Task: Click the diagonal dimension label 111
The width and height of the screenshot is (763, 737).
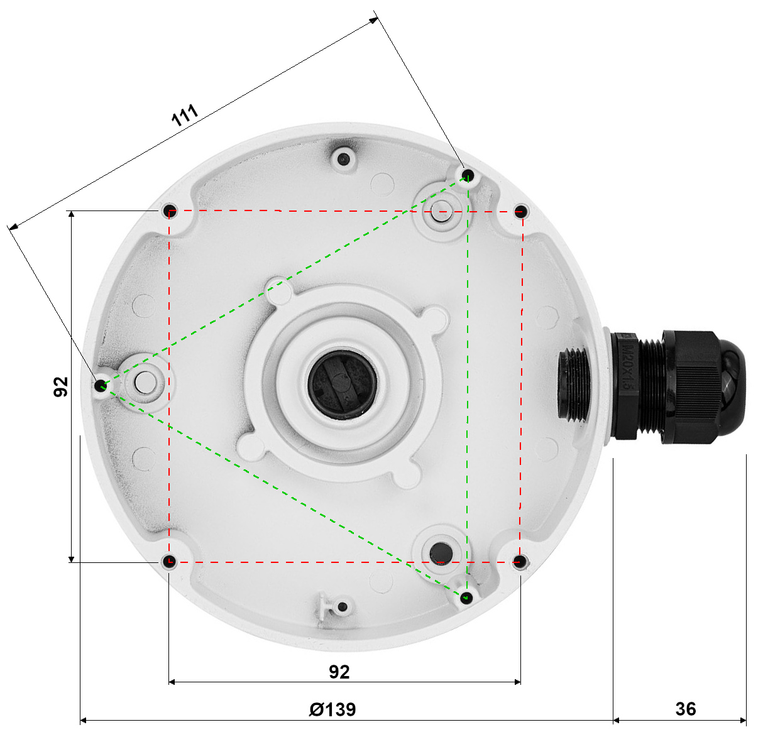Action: point(185,115)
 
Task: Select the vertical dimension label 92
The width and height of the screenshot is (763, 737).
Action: point(61,387)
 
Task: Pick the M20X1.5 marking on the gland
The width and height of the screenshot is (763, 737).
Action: point(628,366)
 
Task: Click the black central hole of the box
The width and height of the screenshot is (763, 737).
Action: point(343,385)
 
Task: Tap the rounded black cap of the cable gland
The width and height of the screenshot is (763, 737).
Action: point(732,387)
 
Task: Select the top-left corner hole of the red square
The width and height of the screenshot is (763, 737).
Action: point(170,210)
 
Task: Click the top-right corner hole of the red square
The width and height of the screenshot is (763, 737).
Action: point(520,211)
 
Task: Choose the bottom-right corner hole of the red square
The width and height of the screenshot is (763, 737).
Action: point(520,561)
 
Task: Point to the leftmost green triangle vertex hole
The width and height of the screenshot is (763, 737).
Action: point(101,385)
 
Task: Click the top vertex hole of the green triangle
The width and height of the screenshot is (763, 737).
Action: point(468,175)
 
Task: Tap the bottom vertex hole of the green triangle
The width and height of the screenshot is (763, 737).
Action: point(466,598)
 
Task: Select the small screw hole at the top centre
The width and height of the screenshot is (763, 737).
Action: point(343,159)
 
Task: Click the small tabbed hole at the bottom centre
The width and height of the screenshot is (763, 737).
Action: point(343,607)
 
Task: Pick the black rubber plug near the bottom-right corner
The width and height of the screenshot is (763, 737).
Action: point(441,553)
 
